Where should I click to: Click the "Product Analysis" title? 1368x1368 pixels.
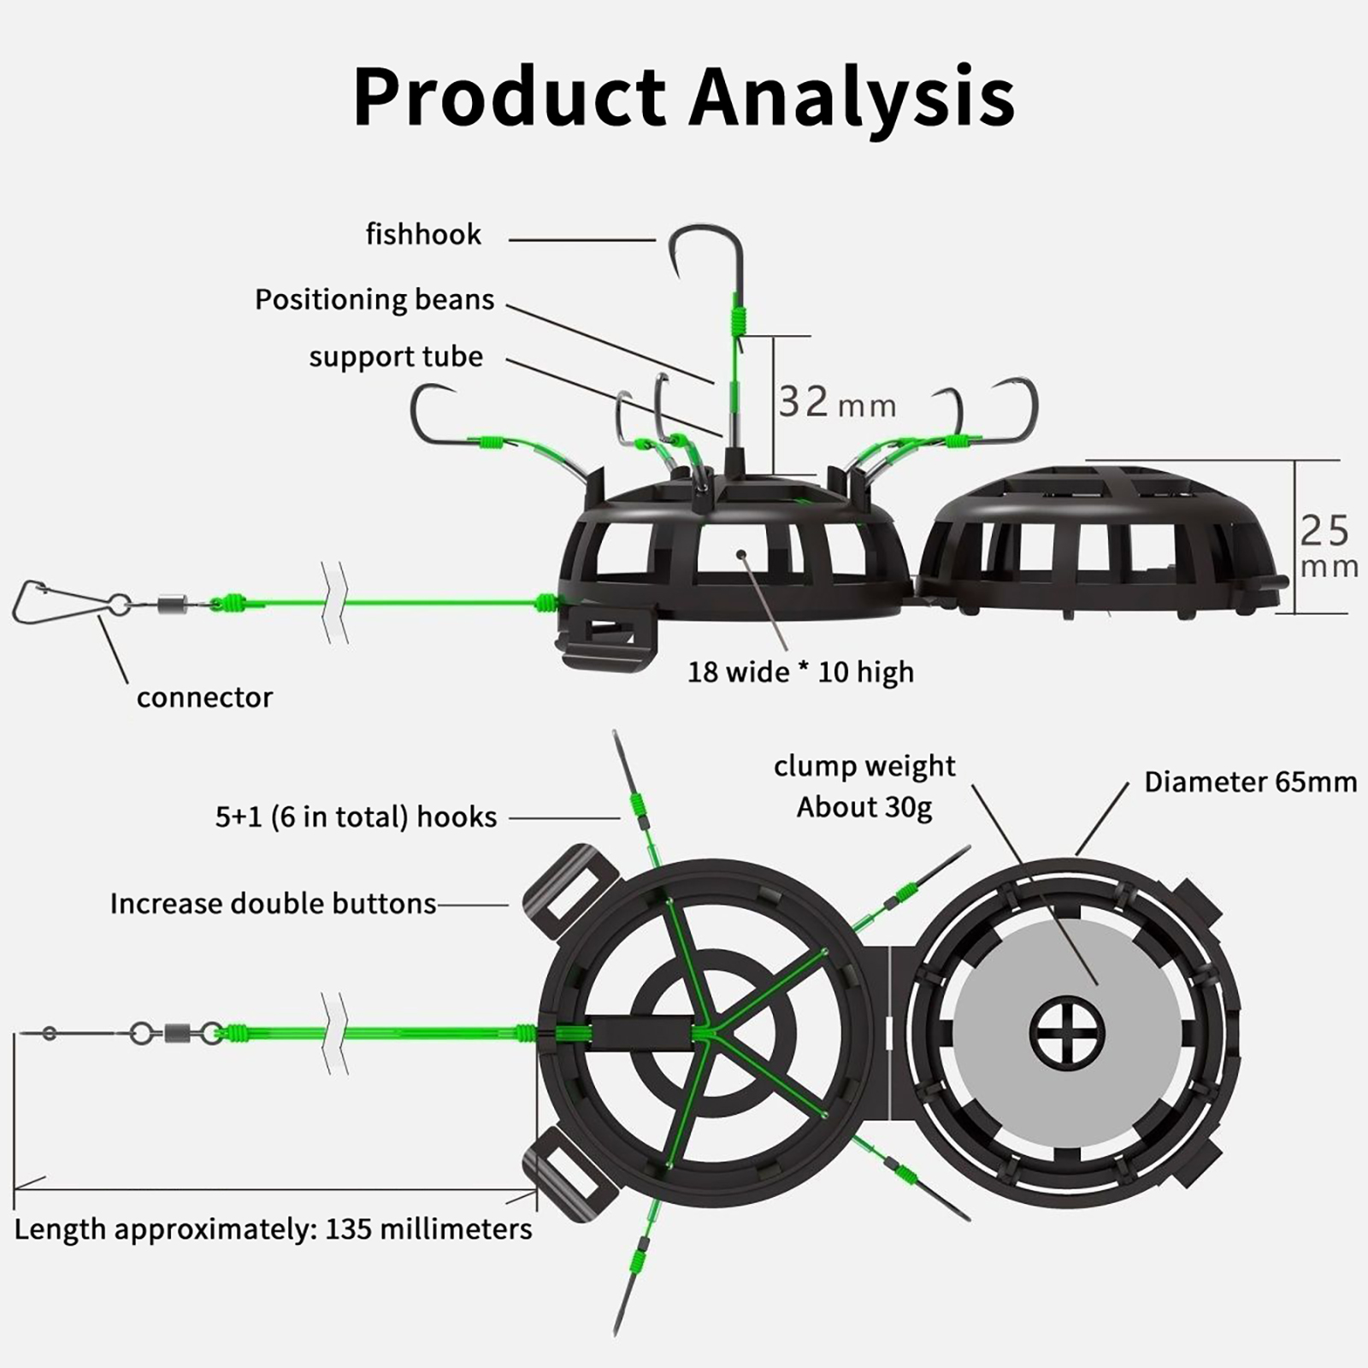click(x=684, y=96)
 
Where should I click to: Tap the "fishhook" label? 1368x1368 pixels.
click(x=423, y=234)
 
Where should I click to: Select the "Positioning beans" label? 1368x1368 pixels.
click(x=374, y=299)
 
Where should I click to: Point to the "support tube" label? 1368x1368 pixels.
click(x=396, y=357)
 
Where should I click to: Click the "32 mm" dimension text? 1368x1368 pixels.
click(x=836, y=402)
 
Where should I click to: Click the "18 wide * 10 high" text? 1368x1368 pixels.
click(x=800, y=672)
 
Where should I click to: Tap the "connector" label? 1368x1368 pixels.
click(x=204, y=698)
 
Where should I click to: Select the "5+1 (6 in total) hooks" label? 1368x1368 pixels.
click(x=356, y=817)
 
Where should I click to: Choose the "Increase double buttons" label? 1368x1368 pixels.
click(x=273, y=904)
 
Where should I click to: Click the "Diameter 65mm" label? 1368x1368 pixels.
click(x=1250, y=782)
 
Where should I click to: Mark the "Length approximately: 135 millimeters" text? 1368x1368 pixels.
click(x=273, y=1229)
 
